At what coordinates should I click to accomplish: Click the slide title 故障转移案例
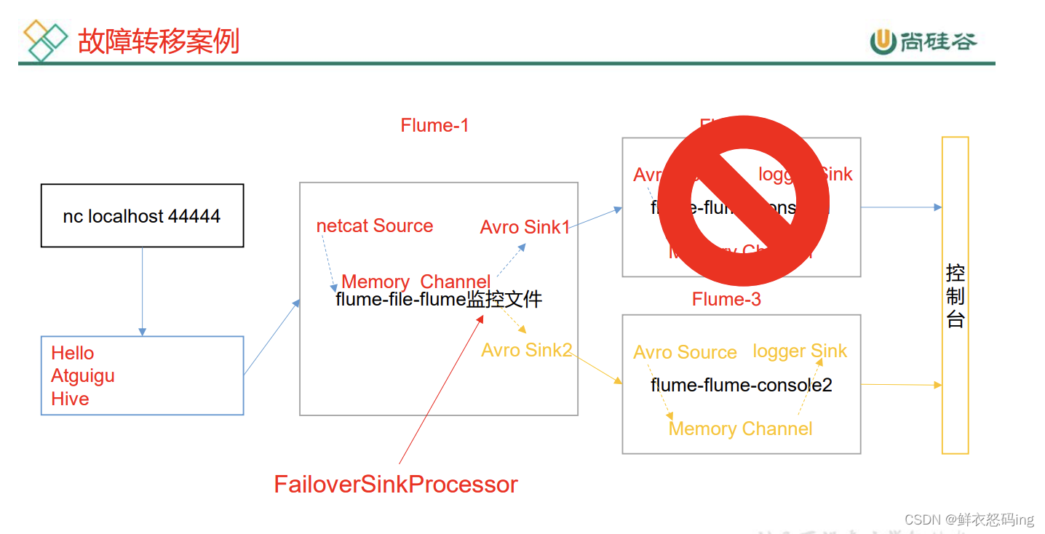pyautogui.click(x=158, y=41)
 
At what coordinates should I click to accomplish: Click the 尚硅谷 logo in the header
pyautogui.click(x=923, y=41)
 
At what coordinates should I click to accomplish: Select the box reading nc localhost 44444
pyautogui.click(x=142, y=216)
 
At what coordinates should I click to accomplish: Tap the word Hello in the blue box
pyautogui.click(x=73, y=354)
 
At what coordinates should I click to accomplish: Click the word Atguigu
pyautogui.click(x=83, y=376)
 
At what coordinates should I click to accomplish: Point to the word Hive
pyautogui.click(x=70, y=399)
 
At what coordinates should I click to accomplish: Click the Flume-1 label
pyautogui.click(x=434, y=125)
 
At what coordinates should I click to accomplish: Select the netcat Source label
pyautogui.click(x=375, y=226)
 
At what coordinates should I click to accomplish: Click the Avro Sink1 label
pyautogui.click(x=525, y=228)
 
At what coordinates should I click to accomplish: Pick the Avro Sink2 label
pyautogui.click(x=527, y=350)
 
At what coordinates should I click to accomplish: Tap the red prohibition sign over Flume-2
pyautogui.click(x=744, y=200)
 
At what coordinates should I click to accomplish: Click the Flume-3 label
pyautogui.click(x=726, y=299)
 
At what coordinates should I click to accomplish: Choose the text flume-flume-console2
pyautogui.click(x=741, y=385)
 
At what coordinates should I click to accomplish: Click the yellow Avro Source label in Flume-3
pyautogui.click(x=685, y=353)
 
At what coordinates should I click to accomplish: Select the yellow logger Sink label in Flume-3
pyautogui.click(x=800, y=351)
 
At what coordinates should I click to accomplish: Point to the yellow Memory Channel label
pyautogui.click(x=740, y=429)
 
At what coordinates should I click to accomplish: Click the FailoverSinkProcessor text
pyautogui.click(x=396, y=485)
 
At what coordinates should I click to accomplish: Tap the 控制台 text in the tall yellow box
pyautogui.click(x=955, y=295)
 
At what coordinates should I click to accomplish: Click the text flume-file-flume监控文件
pyautogui.click(x=439, y=299)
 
